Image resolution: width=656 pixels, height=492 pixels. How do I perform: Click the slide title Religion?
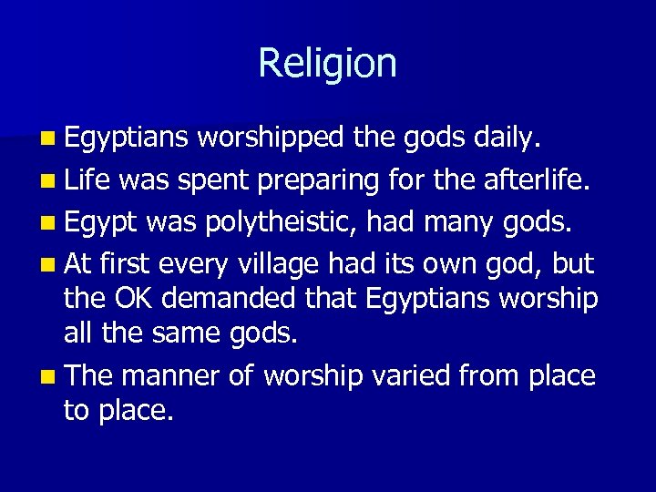[x=327, y=64]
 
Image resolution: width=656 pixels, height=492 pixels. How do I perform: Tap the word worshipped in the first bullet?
[x=270, y=138]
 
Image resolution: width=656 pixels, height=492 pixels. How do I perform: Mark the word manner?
[x=171, y=375]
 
